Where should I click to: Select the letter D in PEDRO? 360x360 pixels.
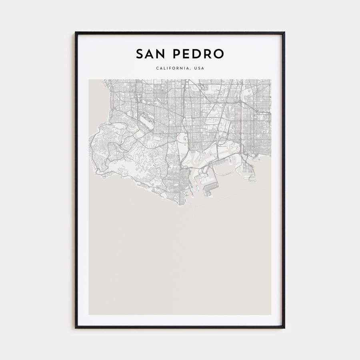(198, 54)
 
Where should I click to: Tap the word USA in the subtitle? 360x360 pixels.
(199, 68)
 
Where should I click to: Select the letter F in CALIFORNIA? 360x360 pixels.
(170, 68)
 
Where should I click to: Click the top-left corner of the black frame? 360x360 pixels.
(76, 33)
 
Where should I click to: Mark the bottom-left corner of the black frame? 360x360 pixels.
(76, 328)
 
